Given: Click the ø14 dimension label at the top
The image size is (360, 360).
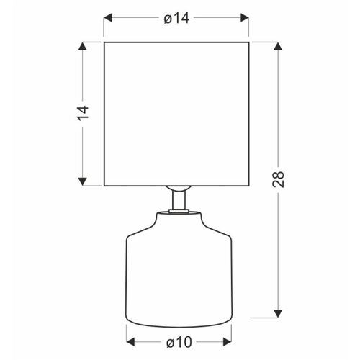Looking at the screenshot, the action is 176,18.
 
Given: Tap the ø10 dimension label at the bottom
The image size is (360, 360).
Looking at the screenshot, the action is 179,342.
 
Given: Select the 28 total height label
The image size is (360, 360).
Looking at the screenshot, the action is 278,179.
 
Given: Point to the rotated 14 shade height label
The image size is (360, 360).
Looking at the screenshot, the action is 83,112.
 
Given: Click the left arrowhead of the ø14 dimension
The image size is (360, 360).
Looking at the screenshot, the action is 108,18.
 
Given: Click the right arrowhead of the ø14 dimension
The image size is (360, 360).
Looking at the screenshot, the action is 245,18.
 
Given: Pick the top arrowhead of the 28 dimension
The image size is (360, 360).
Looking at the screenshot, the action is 278,46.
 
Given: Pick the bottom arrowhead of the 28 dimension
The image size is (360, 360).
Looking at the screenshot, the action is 278,313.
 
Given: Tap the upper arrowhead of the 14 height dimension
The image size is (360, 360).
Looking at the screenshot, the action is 83,46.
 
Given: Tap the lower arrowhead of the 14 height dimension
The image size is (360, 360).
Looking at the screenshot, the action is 83,181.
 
